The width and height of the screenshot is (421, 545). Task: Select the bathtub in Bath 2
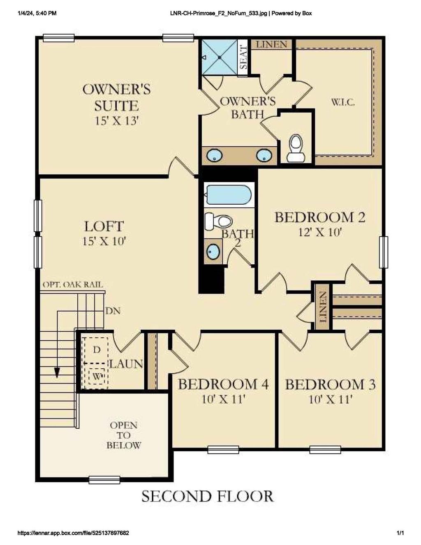(x=228, y=194)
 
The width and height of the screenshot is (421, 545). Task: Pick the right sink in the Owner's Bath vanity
(x=264, y=156)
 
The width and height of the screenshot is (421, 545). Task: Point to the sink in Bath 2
(x=213, y=251)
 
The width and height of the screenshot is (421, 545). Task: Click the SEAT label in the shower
(x=243, y=58)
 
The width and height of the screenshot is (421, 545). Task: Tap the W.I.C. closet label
(x=343, y=102)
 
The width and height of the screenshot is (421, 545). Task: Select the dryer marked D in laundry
(x=97, y=350)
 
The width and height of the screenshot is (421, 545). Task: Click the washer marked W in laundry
(x=97, y=376)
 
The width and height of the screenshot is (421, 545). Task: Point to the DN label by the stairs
(x=113, y=311)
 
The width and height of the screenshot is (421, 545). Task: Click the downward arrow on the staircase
(x=57, y=372)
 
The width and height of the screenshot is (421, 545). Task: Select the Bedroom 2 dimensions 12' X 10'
(x=320, y=232)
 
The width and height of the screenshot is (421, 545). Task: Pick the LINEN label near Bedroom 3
(x=323, y=307)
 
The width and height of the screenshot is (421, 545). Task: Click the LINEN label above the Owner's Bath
(x=272, y=44)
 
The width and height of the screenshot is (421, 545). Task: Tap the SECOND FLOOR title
(x=208, y=496)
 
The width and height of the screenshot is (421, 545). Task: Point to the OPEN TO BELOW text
(x=124, y=435)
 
